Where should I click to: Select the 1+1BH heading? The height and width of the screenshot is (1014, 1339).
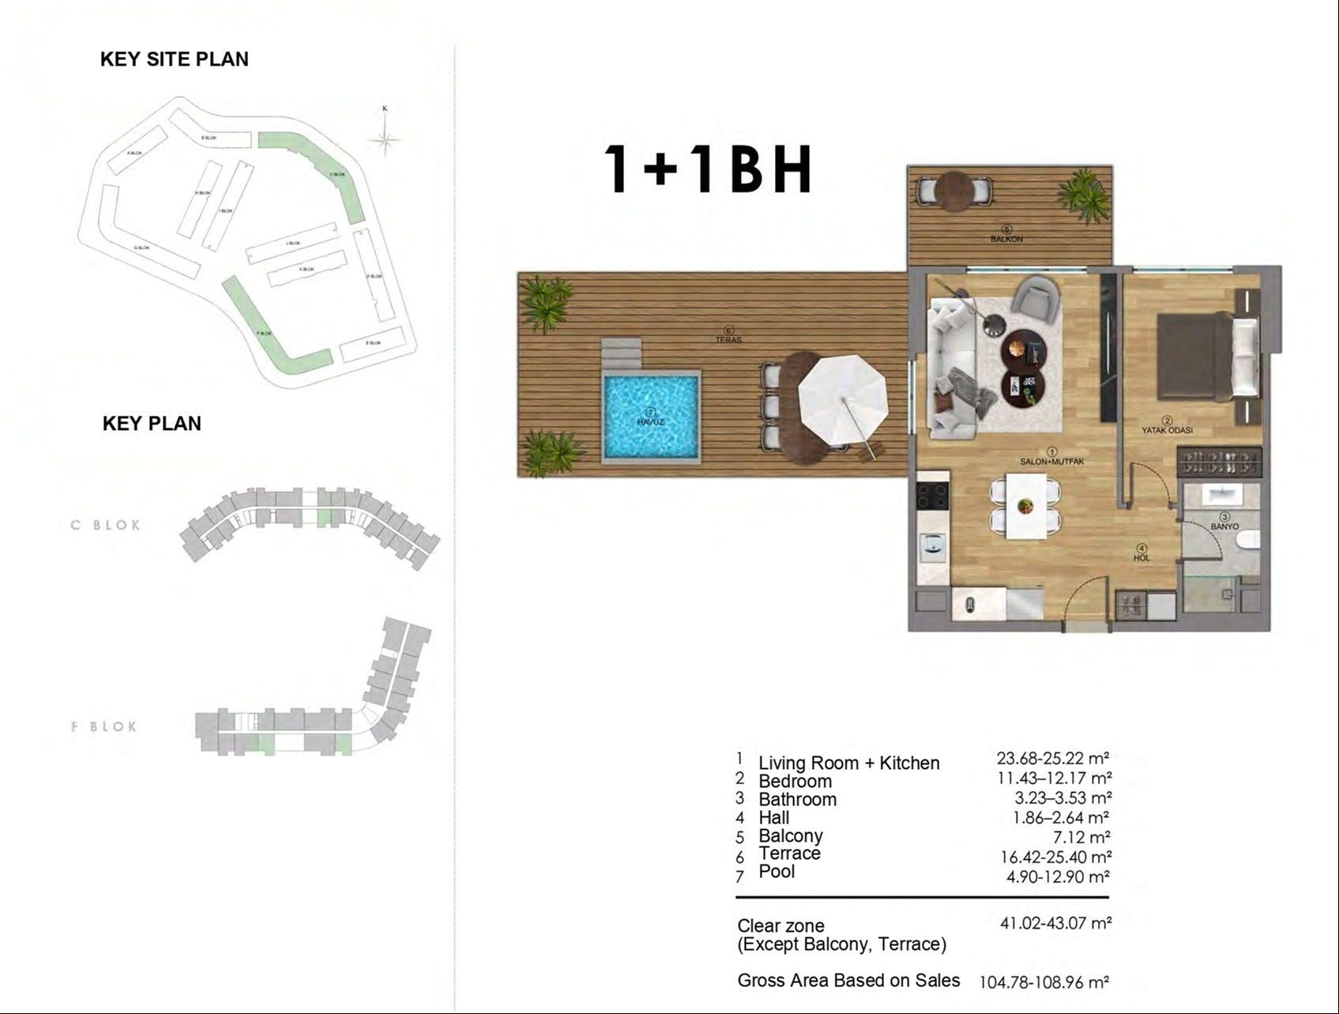[x=707, y=170]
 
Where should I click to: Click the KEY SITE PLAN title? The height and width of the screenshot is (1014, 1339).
[x=174, y=59]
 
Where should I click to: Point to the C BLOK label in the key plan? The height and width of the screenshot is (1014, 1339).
[x=105, y=525]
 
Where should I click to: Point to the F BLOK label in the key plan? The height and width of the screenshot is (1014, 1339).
[x=104, y=726]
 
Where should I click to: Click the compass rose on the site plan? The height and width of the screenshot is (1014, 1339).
[x=385, y=139]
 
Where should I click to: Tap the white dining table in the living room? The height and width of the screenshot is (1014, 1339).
[x=1025, y=506]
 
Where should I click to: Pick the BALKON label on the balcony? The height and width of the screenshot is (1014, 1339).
[x=1006, y=238]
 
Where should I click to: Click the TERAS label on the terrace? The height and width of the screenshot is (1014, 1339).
[x=728, y=340]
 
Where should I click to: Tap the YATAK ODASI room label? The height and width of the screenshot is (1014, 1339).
[x=1167, y=431]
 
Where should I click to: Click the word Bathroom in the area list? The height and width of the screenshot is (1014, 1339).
[x=797, y=799]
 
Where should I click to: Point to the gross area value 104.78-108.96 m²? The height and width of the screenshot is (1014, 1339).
[x=1044, y=982]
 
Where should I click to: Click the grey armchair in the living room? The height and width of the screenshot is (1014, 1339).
[x=1036, y=299]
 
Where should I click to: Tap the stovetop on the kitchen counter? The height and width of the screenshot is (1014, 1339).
[x=932, y=496]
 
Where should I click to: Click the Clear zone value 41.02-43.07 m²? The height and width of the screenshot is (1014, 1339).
[x=1055, y=922]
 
